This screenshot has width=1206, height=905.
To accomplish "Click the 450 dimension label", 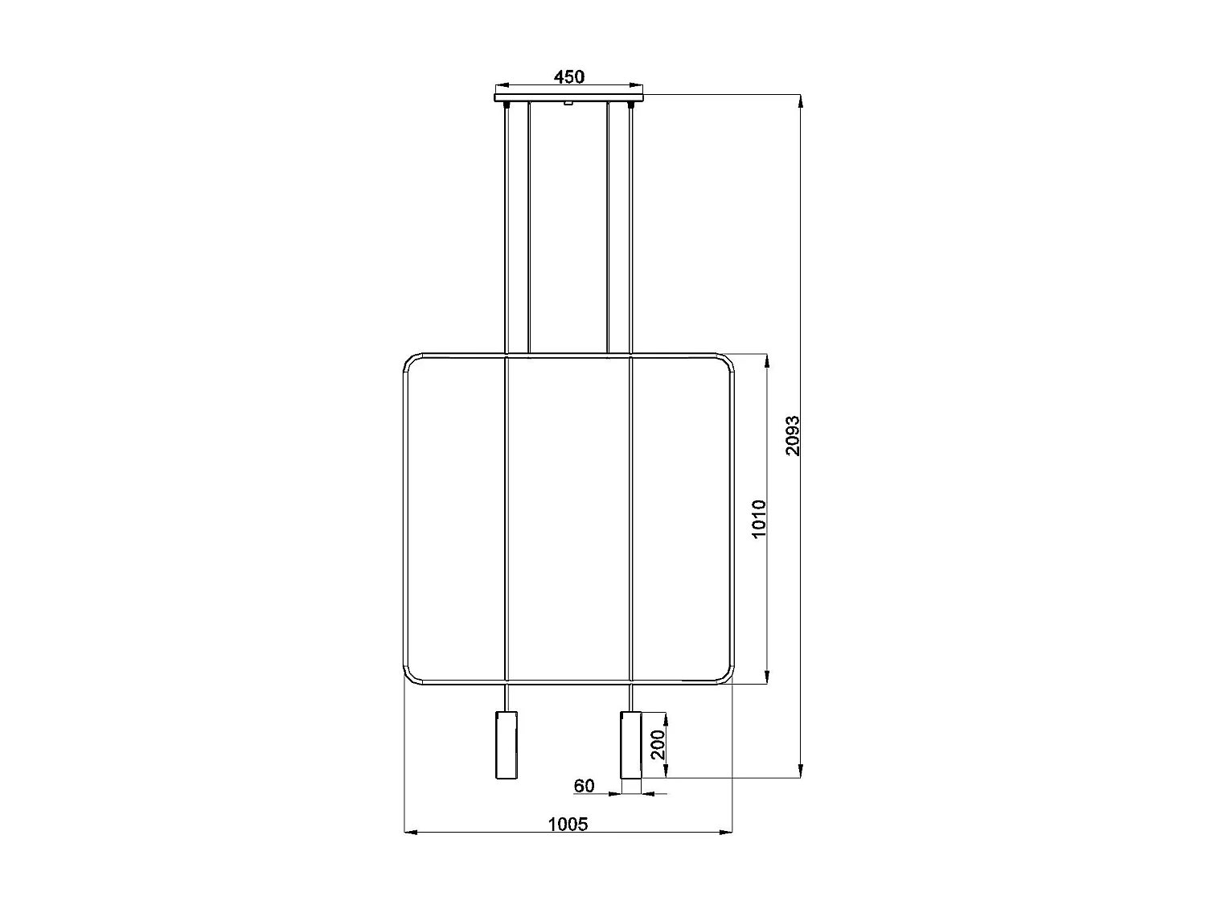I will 568,77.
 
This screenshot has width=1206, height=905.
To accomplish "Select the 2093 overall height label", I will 793,435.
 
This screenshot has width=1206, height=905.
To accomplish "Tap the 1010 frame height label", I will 759,519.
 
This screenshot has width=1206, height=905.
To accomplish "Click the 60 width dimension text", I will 585,785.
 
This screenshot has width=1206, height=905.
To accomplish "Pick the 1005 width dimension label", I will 568,824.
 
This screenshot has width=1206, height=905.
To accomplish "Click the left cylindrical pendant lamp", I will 507,744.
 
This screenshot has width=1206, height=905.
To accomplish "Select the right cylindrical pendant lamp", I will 631,744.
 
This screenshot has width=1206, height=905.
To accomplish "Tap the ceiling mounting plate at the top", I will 568,98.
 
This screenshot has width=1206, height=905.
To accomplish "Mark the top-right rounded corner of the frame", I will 726,361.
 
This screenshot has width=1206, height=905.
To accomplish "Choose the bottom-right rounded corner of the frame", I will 726,677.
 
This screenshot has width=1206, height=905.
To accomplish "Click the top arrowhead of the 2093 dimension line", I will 800,101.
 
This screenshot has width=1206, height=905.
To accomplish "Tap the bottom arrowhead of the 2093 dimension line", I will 800,772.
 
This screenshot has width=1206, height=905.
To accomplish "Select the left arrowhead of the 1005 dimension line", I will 409,832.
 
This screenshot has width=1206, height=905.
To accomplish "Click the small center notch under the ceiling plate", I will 568,104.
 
